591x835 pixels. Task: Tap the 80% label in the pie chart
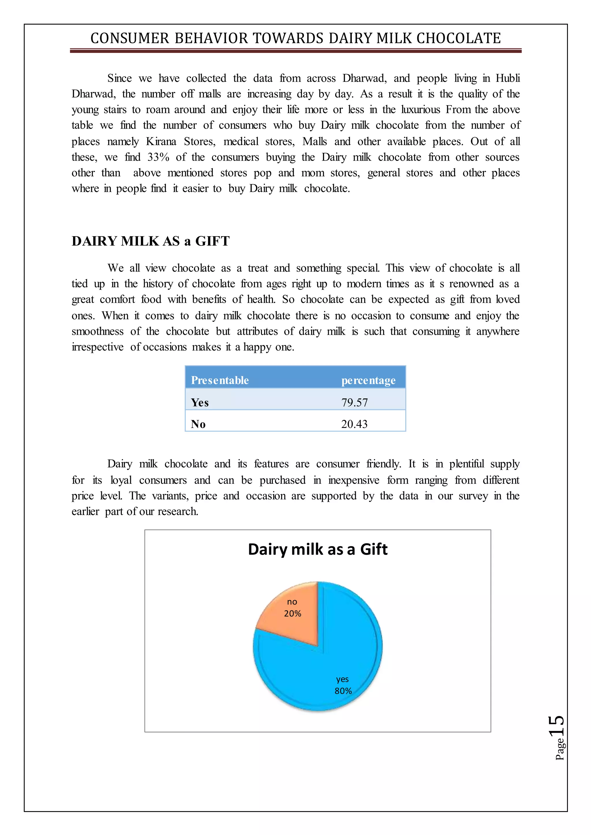[343, 691]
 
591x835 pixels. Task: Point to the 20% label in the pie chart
[293, 614]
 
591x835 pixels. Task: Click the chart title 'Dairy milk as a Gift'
[317, 549]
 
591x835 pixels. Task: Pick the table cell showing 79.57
[354, 403]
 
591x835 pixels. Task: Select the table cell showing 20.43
[354, 424]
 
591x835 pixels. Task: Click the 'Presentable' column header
[220, 380]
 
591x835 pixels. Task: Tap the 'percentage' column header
[368, 380]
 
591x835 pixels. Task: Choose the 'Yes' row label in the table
[200, 403]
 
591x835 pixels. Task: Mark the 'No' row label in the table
[198, 424]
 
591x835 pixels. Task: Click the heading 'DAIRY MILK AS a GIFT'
[150, 241]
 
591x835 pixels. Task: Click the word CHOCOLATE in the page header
[458, 38]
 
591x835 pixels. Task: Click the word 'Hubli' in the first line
[508, 78]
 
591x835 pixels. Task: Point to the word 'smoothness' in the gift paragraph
[97, 331]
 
